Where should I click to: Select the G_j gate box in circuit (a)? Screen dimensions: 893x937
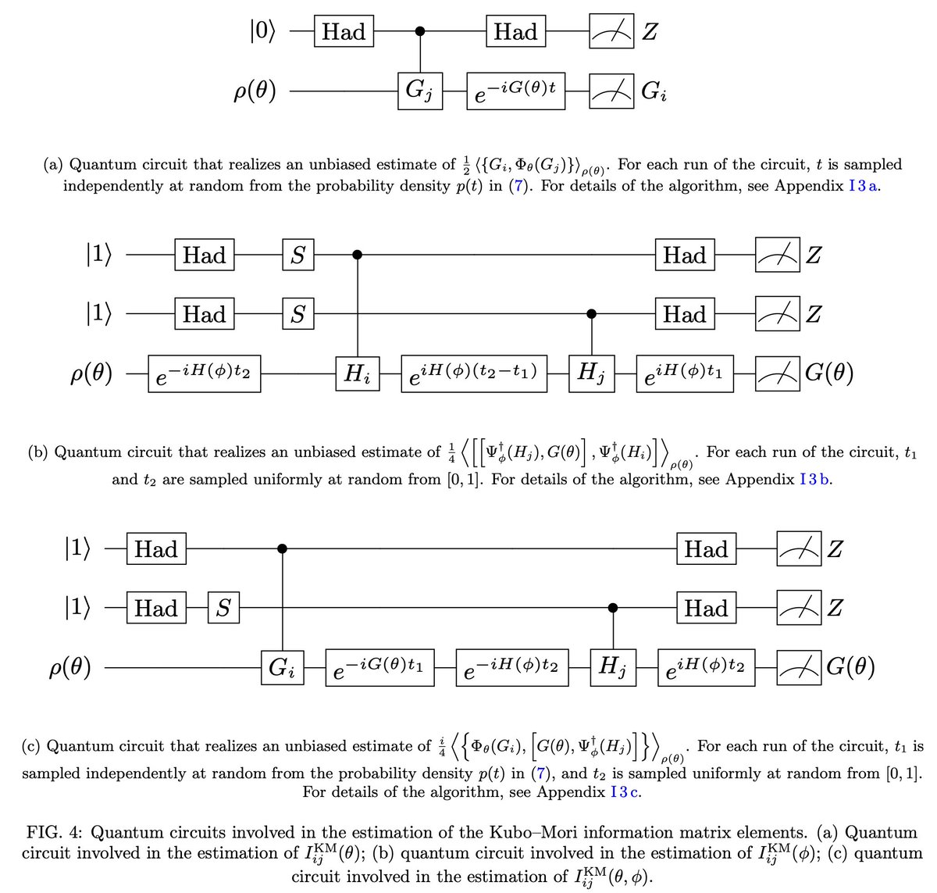[419, 91]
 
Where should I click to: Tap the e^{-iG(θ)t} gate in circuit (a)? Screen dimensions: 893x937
[515, 91]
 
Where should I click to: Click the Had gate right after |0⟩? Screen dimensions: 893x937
[344, 32]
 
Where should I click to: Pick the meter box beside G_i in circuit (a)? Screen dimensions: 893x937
[612, 91]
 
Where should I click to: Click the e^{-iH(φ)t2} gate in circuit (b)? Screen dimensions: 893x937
[204, 373]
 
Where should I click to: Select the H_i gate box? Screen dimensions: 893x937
[357, 373]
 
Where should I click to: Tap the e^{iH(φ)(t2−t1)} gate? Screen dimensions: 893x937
[472, 373]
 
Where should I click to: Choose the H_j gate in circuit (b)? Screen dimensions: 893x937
[590, 373]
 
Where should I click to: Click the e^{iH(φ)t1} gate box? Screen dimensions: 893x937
[685, 373]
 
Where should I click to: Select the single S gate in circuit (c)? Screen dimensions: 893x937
[223, 608]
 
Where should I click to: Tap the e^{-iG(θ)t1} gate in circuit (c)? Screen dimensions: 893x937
[379, 668]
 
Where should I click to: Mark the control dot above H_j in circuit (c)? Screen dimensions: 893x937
[613, 608]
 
